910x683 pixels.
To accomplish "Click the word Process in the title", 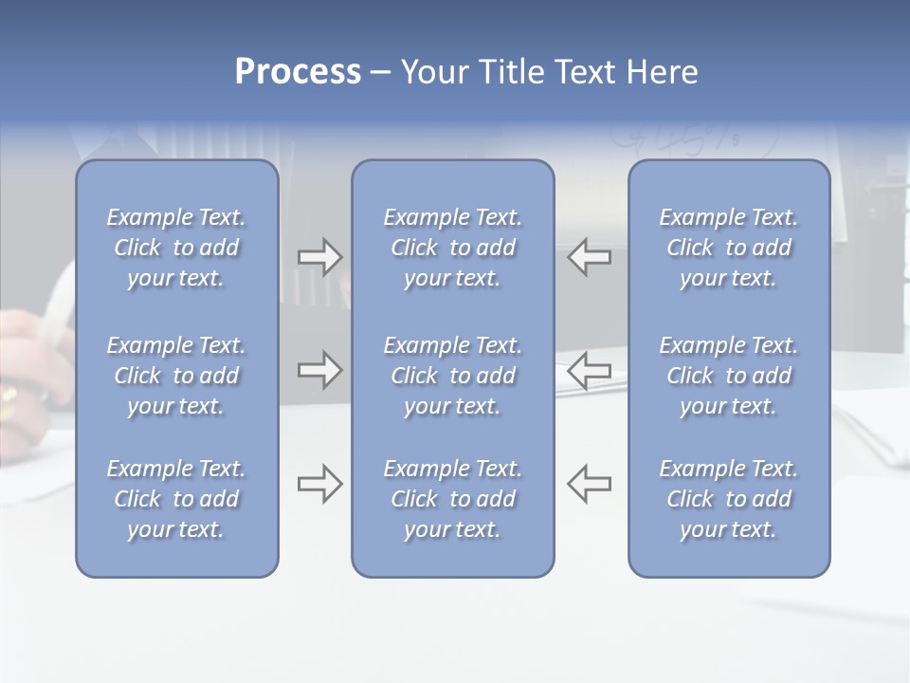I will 298,72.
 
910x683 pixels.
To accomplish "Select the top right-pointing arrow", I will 319,257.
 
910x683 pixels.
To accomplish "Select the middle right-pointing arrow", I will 319,370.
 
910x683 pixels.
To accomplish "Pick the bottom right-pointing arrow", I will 319,484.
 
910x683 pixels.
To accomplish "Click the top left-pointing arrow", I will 589,257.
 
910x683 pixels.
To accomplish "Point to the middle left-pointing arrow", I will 589,370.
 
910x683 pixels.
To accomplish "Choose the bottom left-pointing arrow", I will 589,484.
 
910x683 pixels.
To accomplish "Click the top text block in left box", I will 176,248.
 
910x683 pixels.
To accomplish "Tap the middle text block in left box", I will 176,376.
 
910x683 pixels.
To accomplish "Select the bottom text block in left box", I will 176,499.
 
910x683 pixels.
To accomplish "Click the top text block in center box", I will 452,248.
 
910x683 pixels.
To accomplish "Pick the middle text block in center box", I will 452,376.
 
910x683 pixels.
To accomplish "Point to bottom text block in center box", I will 452,499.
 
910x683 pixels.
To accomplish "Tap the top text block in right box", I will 728,248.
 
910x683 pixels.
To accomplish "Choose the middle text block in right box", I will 728,376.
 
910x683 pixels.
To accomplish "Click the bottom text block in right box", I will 728,499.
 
